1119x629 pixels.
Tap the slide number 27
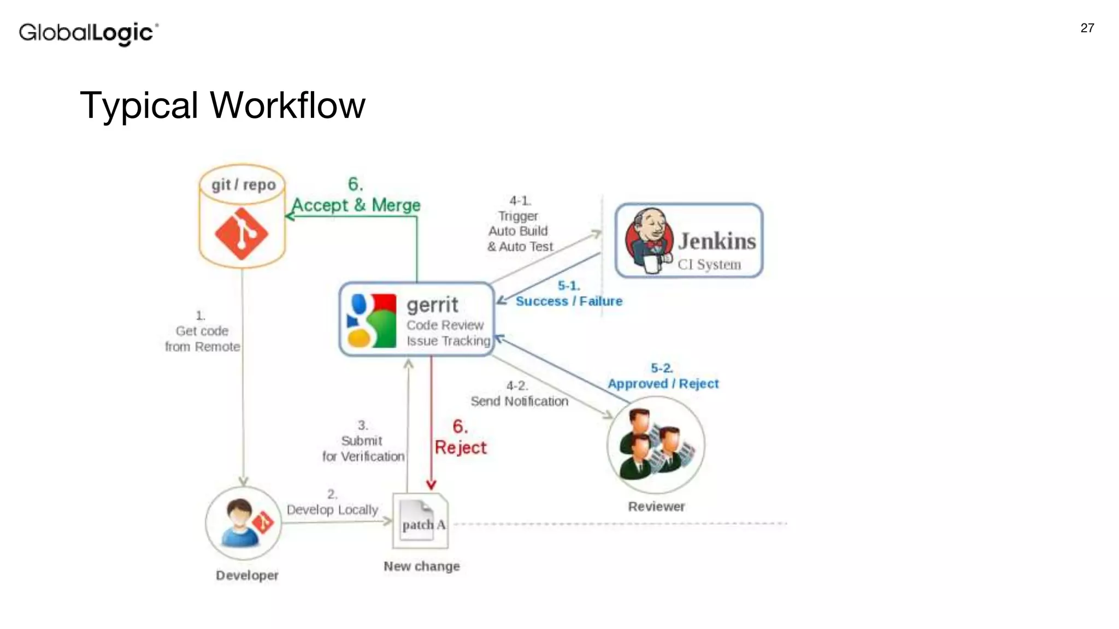tap(1087, 28)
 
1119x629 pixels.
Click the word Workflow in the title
tap(287, 105)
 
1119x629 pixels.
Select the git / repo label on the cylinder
tap(243, 185)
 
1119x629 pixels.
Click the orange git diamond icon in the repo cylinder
tap(241, 234)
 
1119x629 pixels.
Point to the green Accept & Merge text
tap(356, 205)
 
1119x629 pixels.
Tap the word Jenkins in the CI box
tap(716, 241)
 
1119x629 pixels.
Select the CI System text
tap(709, 265)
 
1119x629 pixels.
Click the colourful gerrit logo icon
tap(372, 321)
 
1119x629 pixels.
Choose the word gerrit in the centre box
tap(432, 305)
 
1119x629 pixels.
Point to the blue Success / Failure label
tap(569, 301)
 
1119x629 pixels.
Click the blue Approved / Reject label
tap(663, 383)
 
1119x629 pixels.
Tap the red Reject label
tap(460, 448)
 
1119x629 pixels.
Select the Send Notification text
tap(519, 401)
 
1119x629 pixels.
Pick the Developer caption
tap(247, 575)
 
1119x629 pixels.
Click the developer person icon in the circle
tap(240, 523)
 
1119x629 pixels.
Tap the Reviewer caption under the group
tap(656, 507)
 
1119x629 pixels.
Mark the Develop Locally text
tap(332, 509)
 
